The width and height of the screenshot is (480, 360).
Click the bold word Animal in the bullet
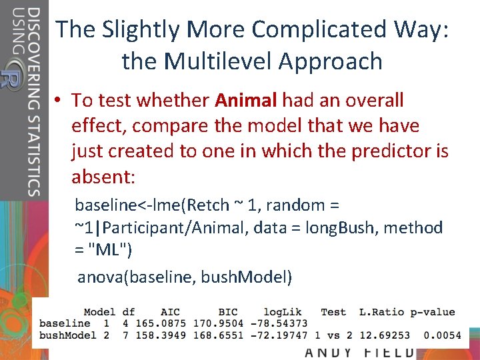tap(245, 101)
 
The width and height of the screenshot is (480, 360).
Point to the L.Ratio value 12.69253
tap(385, 335)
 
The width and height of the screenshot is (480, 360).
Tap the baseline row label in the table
tap(65, 323)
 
